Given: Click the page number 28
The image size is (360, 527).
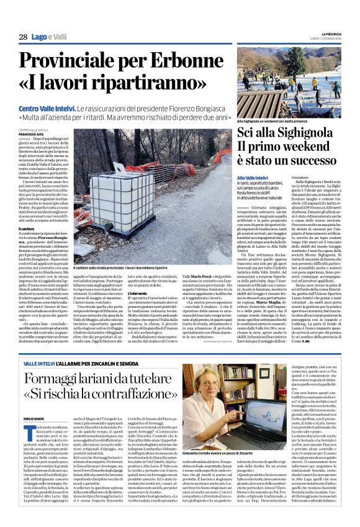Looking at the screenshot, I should point(23,37).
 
